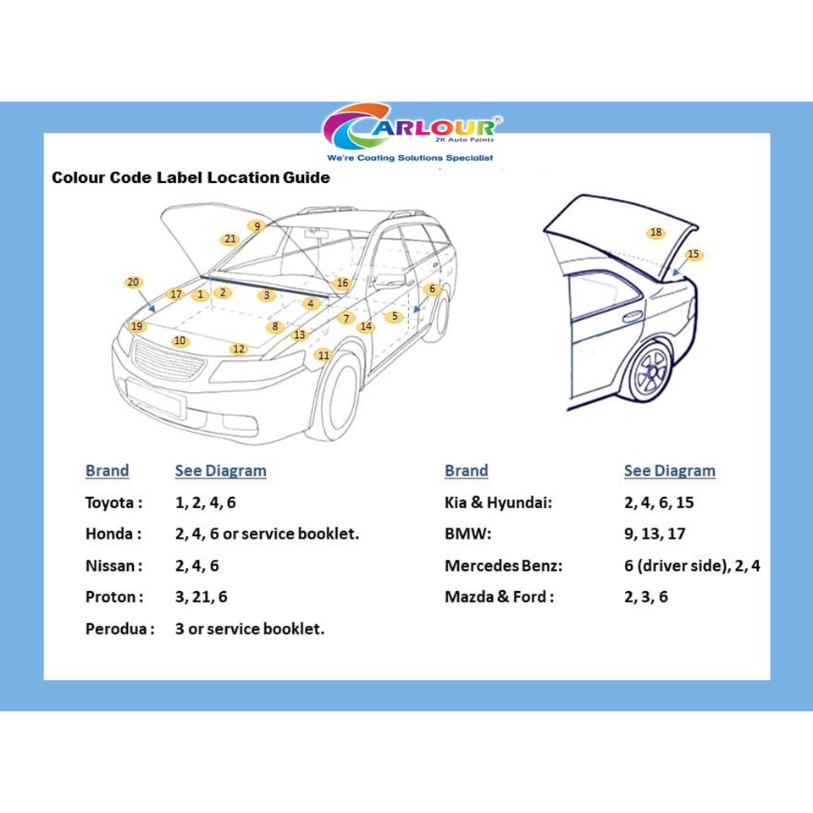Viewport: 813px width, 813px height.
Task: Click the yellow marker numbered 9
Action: coord(257,226)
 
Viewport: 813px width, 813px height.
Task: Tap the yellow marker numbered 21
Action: coord(230,239)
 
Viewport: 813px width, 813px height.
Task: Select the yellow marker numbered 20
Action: coord(133,282)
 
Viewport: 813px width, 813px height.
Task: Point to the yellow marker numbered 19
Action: coord(136,326)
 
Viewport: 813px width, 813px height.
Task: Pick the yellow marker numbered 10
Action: coord(180,340)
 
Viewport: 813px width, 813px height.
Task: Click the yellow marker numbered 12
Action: coord(239,349)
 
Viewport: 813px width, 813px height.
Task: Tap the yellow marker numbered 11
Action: coord(323,355)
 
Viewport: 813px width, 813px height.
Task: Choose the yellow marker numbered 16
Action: coord(342,283)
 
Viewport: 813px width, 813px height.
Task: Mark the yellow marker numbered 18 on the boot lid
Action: coord(655,233)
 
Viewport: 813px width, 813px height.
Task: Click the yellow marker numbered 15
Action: coord(694,254)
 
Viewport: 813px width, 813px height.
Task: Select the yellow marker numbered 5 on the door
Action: coord(394,317)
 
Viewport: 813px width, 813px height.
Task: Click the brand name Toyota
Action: coord(110,502)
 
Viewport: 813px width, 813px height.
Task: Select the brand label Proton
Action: coord(111,597)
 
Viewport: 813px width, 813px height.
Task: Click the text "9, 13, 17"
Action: coord(655,534)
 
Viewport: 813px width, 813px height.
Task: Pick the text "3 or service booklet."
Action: coord(250,628)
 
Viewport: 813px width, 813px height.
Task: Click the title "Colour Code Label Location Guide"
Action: coord(191,178)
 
